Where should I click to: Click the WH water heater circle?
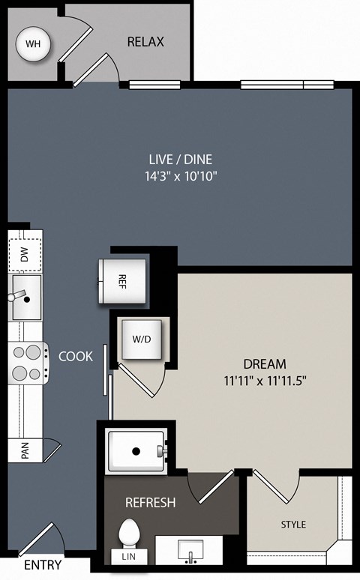coord(33,44)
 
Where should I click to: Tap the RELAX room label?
coord(145,42)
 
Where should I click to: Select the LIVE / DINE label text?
coord(180,160)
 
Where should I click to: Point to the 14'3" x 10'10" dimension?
coord(180,176)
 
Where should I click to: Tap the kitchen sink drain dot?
coord(27,300)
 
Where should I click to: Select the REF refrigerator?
coord(122,281)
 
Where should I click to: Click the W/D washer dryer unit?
coord(142,339)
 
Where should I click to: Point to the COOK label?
coord(76,356)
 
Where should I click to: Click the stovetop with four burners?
coord(28,363)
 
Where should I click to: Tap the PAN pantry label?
coord(25,450)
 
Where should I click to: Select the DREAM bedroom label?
coord(265,364)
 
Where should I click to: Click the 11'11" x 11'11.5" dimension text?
coord(265,381)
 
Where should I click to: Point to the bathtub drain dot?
coord(136,451)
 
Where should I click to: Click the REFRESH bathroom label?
coord(150,502)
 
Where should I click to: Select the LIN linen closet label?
coord(129,556)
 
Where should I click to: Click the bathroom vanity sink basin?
coord(190,550)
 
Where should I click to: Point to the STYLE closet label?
coord(293,525)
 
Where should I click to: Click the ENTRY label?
coord(43,565)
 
